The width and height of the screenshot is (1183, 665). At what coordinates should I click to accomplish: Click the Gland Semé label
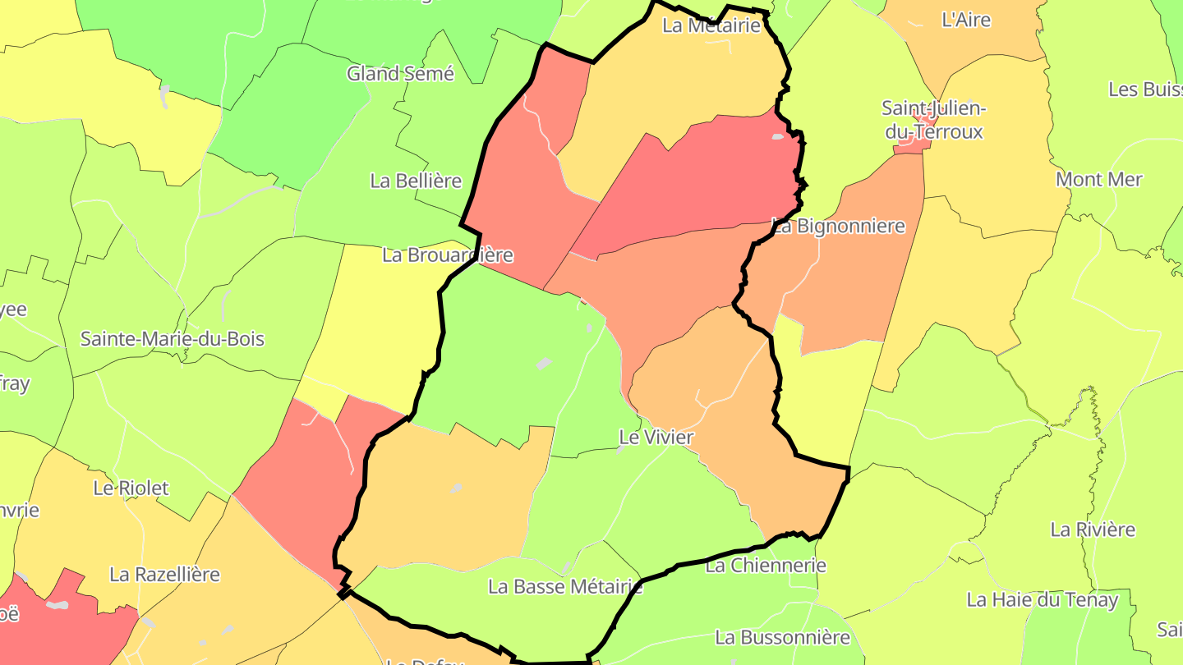coord(400,73)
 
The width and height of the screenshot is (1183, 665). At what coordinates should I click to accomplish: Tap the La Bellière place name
coord(416,181)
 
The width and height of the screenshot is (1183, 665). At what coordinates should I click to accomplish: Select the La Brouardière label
coord(448,255)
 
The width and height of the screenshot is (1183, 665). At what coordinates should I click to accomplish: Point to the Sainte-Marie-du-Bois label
coord(173,338)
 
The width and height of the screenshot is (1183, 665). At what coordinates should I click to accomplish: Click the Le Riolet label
coord(131,488)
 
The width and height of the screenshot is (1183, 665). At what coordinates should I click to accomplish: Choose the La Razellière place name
coord(164,574)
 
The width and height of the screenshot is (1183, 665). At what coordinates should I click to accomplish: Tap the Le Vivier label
coord(656,438)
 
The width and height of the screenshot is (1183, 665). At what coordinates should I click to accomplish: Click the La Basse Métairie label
coord(565,586)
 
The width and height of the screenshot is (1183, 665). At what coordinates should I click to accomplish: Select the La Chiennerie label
coord(766,565)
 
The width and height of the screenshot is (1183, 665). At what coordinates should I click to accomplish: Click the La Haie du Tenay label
coord(1043,599)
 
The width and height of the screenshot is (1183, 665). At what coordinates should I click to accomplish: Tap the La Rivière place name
coord(1093,530)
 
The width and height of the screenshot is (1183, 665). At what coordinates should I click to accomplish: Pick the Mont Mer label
coord(1099,179)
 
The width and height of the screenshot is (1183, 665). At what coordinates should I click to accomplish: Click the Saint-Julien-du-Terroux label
coord(933,119)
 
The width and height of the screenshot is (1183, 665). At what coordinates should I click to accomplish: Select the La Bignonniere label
coord(839,226)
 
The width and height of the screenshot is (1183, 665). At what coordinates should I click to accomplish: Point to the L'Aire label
coord(966,20)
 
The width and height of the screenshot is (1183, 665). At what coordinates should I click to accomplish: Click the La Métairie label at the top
coord(711,25)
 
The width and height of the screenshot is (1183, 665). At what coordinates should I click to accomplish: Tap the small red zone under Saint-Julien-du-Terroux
coord(910,145)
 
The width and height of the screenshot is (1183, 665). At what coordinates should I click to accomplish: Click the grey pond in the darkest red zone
coord(776,137)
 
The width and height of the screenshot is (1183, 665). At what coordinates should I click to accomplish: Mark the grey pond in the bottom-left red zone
coord(57,605)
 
